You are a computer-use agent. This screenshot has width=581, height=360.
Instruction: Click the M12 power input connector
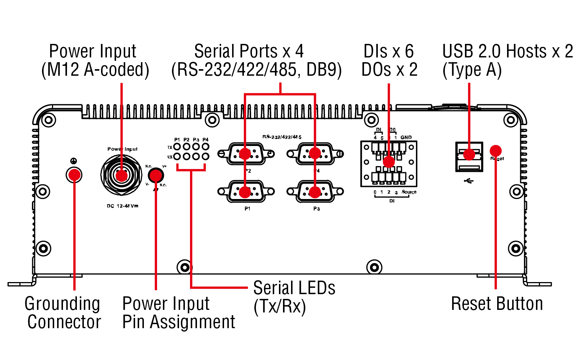coord(121,175)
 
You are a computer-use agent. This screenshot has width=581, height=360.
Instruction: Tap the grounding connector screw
coord(74,175)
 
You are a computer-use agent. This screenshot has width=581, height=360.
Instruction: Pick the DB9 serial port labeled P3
coord(315,191)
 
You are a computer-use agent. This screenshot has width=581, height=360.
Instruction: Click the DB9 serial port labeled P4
coord(315,154)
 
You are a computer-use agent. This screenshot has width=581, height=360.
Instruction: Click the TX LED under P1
coord(177,147)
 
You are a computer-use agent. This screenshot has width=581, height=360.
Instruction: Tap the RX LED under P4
coord(205,157)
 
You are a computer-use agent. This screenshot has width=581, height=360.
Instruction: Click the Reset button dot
coord(495,151)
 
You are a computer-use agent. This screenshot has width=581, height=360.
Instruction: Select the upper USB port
coord(469,151)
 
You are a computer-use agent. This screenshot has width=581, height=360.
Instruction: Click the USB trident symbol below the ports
coord(468,181)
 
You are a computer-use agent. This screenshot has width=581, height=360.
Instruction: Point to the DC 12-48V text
coord(122,206)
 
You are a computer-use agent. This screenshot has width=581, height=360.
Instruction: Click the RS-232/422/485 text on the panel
coord(282,137)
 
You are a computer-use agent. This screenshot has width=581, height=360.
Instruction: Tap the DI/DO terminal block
coord(388,164)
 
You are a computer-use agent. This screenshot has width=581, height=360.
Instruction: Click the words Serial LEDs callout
coord(294,288)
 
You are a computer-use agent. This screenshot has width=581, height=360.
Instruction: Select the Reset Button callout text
coord(497,304)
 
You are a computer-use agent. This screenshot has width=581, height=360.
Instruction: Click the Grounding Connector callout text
coord(63,313)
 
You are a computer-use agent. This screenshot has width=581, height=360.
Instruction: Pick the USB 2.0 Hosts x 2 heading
coord(507,51)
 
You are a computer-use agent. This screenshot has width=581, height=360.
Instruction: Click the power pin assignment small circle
coord(156,175)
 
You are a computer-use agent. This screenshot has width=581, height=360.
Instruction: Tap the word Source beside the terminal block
coord(409,192)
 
